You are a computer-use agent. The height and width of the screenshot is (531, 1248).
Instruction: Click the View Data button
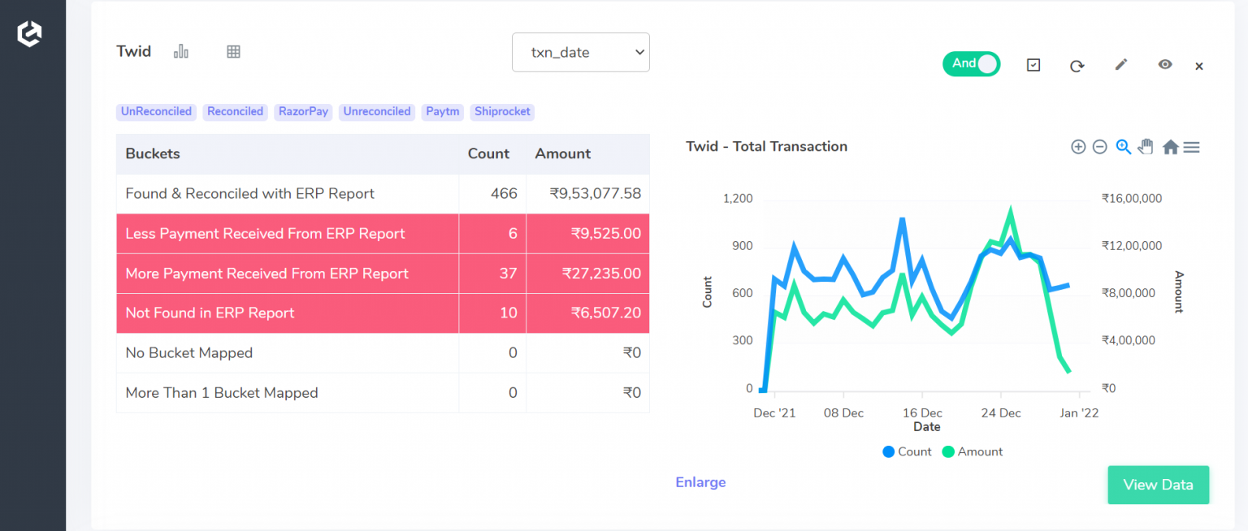click(x=1158, y=485)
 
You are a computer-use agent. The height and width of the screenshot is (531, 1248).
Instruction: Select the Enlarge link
click(x=700, y=482)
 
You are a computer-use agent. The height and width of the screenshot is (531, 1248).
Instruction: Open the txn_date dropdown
click(x=580, y=52)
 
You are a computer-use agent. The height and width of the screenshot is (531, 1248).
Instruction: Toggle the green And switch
click(x=971, y=64)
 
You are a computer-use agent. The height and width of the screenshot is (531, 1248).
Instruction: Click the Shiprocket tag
click(x=502, y=112)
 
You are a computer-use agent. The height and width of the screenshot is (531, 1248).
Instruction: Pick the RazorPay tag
click(x=303, y=112)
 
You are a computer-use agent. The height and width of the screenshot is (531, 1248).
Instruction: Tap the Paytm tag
click(x=442, y=112)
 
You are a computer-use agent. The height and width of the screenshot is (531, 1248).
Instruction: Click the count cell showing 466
click(x=504, y=194)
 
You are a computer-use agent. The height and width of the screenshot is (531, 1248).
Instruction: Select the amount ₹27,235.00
click(x=601, y=274)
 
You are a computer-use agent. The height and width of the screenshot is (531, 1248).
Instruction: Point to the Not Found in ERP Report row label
click(x=210, y=313)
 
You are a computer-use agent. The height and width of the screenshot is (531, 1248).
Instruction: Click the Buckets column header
click(x=153, y=153)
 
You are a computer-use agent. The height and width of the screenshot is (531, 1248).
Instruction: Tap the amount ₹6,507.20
click(x=605, y=313)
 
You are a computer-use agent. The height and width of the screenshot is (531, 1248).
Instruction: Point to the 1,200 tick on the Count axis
click(x=738, y=199)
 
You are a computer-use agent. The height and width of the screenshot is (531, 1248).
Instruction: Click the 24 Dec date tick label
click(x=1000, y=413)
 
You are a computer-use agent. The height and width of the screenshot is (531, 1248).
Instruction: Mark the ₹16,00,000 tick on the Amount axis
click(x=1131, y=199)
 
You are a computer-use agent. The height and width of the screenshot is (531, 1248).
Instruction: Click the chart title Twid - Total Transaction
click(x=766, y=147)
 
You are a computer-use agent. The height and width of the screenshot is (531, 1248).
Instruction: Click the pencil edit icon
click(x=1121, y=64)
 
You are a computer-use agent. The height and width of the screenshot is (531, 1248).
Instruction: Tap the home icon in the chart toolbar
click(x=1170, y=147)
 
